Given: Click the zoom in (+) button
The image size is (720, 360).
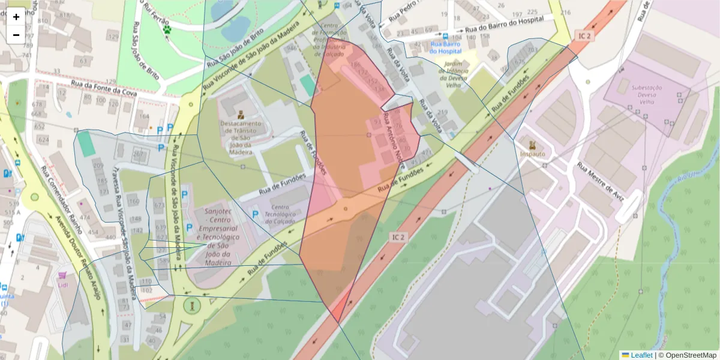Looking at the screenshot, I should coord(16,17).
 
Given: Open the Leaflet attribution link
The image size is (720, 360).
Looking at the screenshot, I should coord(641,355).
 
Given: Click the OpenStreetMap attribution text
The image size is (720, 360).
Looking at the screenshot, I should coord(691,355).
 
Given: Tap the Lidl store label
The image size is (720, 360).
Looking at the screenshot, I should coord(63,284).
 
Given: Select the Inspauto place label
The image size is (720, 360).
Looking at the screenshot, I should coord(532,153).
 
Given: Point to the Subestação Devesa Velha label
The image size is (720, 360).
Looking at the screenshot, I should coord(646,95).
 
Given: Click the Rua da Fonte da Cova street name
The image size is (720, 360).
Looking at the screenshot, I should coord(104,89).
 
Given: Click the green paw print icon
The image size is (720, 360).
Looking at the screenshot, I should coord(167,29).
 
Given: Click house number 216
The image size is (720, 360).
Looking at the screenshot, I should coord(565,12).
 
